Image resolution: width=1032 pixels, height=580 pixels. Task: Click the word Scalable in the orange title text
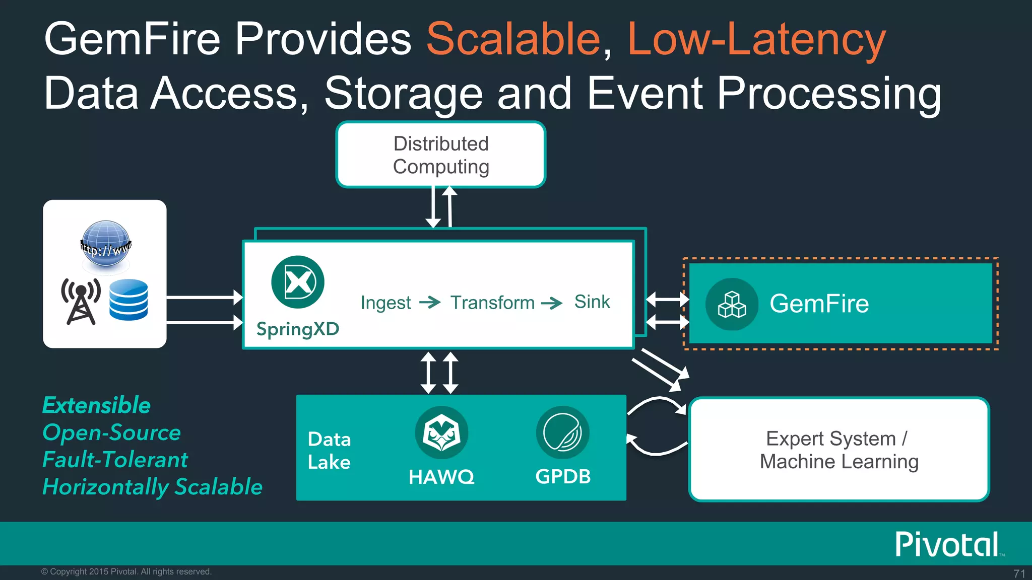[x=513, y=39]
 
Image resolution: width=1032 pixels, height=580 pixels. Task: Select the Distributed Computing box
[x=441, y=155]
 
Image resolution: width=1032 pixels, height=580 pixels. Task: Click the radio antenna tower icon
[x=80, y=301]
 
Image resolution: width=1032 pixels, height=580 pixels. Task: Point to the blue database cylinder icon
[x=128, y=300]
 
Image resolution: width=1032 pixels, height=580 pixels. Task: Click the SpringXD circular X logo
[x=297, y=282]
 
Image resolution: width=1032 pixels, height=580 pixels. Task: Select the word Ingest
[x=385, y=303]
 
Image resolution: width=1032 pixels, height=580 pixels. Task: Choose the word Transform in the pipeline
[x=492, y=303]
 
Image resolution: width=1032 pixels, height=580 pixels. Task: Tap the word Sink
[x=592, y=302]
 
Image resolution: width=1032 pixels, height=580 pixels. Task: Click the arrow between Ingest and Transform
[x=430, y=302]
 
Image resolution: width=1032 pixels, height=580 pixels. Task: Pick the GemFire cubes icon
[x=732, y=304]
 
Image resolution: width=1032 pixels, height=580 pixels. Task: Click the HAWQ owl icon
[x=441, y=432]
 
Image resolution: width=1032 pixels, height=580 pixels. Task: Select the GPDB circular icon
[x=562, y=432]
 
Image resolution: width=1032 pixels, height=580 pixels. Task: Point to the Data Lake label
[x=329, y=451]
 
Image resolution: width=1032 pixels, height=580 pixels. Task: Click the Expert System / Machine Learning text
[x=839, y=450]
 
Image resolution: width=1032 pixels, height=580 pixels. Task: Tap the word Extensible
[x=96, y=405]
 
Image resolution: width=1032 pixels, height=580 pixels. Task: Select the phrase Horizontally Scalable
[x=152, y=487]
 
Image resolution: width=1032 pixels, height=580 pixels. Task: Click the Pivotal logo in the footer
[x=947, y=544]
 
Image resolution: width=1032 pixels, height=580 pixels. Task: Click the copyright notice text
[x=126, y=571]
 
